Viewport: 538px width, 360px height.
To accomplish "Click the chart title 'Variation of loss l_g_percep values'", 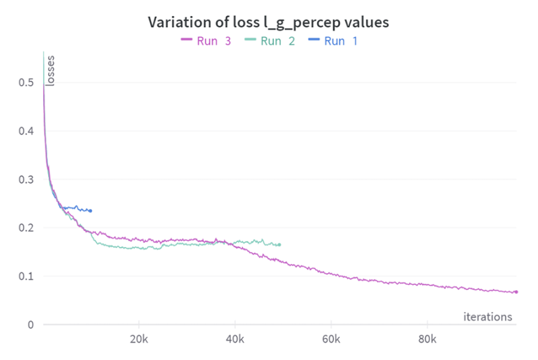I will tap(268, 22).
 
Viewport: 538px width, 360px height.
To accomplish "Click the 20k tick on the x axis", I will tap(139, 339).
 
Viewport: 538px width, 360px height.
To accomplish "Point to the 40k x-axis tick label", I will tap(236, 339).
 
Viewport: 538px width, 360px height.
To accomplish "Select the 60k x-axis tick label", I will tap(331, 339).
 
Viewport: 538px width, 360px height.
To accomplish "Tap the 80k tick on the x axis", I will tap(427, 339).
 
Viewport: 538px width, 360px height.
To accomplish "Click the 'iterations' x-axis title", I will tap(488, 317).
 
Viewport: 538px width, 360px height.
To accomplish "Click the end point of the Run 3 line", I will tap(516, 292).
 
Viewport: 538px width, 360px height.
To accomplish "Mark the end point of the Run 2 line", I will tap(279, 244).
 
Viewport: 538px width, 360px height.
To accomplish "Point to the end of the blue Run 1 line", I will tap(91, 210).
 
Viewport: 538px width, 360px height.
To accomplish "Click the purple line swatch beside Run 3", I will tap(186, 41).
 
